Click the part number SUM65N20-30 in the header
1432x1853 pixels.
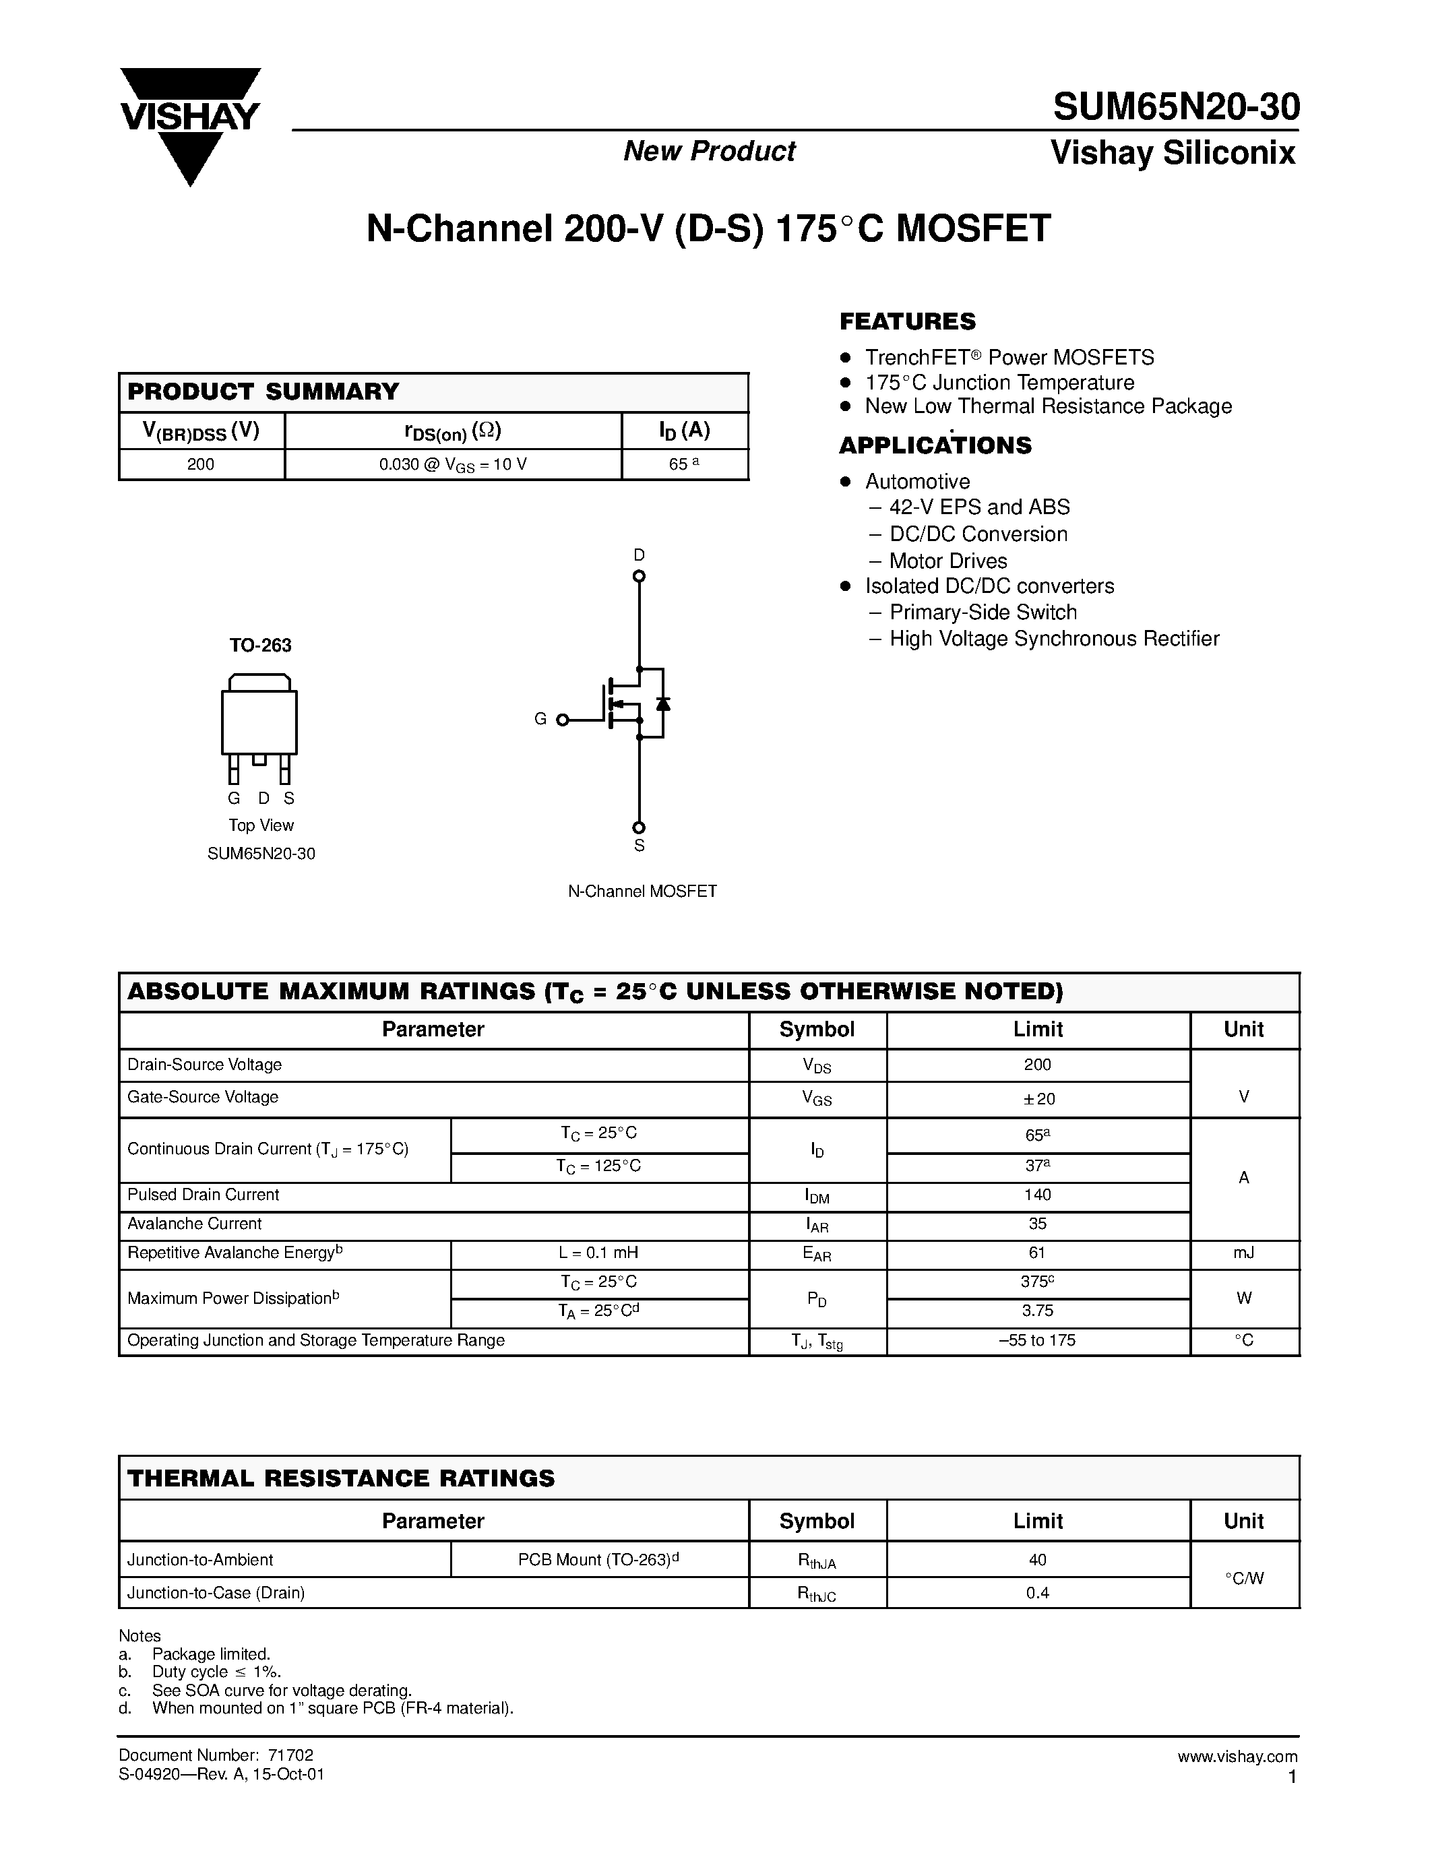(1175, 108)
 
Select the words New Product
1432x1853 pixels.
(709, 151)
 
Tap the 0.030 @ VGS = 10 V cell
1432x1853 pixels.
(453, 464)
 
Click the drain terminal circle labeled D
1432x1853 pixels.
(639, 576)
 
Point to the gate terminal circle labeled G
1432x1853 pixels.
(561, 720)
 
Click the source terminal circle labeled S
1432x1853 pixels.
(639, 827)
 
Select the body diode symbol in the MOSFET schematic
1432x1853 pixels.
(663, 703)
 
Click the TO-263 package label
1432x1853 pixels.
(260, 645)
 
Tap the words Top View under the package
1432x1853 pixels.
(260, 825)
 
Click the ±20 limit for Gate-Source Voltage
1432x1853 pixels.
(1038, 1099)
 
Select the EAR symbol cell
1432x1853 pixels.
(816, 1254)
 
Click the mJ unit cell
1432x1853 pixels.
(1244, 1253)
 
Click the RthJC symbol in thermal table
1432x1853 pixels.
(816, 1594)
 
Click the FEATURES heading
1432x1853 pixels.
(907, 321)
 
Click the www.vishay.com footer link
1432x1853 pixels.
(1237, 1756)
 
